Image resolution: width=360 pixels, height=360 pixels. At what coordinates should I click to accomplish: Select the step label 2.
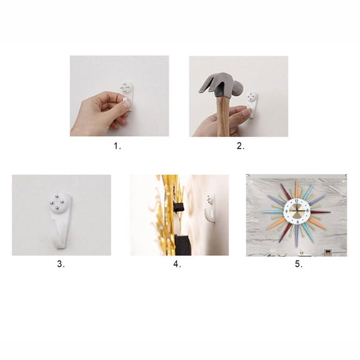[240, 146]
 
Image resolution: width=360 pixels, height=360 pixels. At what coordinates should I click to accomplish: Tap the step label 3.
[61, 264]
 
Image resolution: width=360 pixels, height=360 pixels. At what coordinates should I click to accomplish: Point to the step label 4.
[177, 264]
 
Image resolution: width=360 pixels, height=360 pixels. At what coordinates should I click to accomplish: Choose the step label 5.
[298, 264]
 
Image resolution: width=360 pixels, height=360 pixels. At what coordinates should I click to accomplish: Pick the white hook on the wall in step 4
[211, 209]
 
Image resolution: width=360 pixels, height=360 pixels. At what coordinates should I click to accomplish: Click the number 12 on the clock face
[296, 201]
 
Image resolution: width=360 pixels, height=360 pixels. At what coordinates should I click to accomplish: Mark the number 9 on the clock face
[286, 212]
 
